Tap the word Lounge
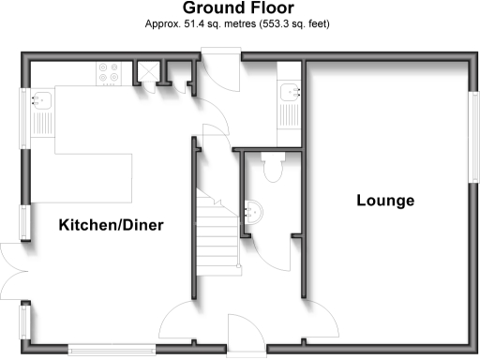pos(385,201)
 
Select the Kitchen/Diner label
pos(112,226)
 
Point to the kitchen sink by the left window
pos(41,101)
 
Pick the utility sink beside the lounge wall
pos(289,92)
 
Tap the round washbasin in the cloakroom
pos(253,211)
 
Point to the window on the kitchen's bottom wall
pos(112,349)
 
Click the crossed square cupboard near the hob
pos(146,71)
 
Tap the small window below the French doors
pos(24,321)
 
